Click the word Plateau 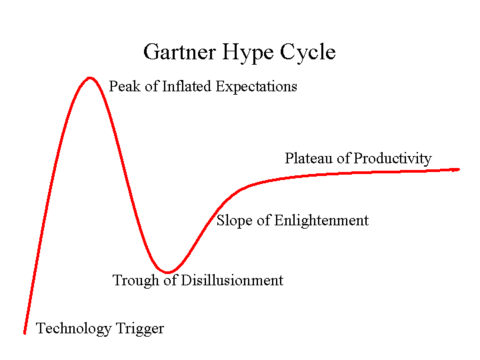(309, 159)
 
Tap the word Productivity (393, 159)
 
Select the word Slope (234, 221)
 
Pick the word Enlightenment (321, 221)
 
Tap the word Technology (73, 329)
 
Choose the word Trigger (139, 329)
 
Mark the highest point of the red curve (89, 78)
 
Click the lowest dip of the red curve (170, 272)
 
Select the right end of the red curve (459, 169)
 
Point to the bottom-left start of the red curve (25, 332)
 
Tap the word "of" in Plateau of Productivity (343, 159)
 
